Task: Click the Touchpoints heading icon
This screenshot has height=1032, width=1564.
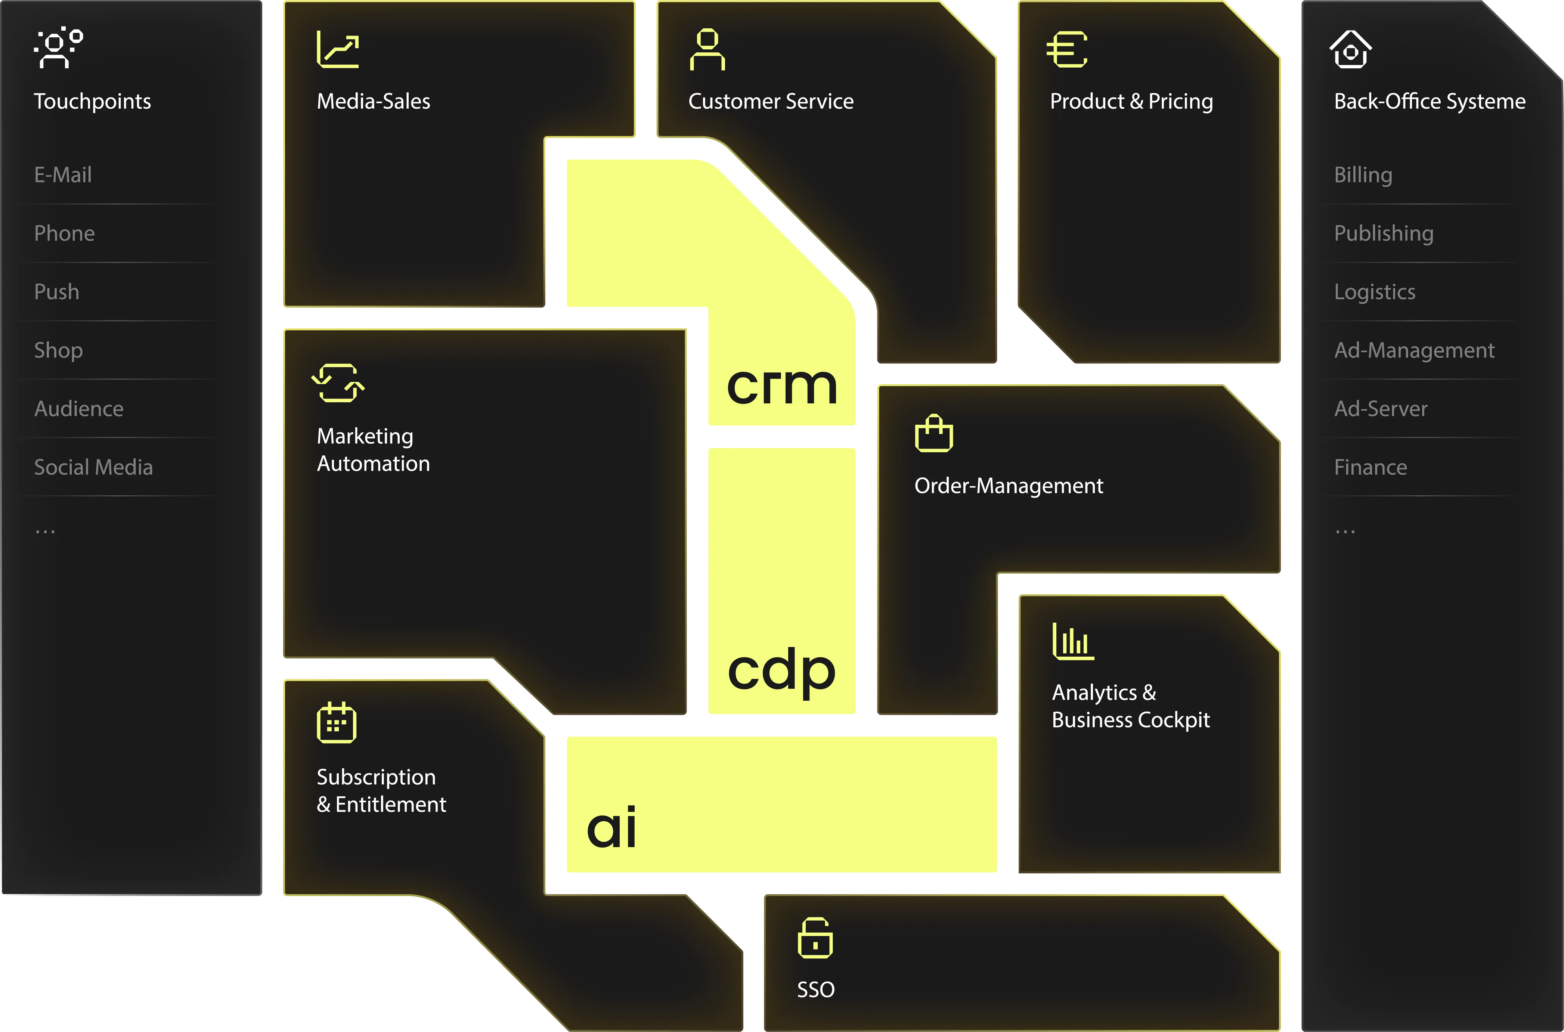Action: pos(58,48)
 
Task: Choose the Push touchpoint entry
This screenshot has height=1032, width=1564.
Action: pos(57,292)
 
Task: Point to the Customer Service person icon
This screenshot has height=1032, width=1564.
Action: pos(707,49)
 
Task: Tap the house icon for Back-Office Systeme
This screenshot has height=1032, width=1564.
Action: pos(1350,49)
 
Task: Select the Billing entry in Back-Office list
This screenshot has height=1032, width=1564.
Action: pos(1363,175)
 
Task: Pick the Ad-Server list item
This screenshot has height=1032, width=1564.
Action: pos(1380,409)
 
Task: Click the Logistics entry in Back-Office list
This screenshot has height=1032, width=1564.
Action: pos(1374,292)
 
